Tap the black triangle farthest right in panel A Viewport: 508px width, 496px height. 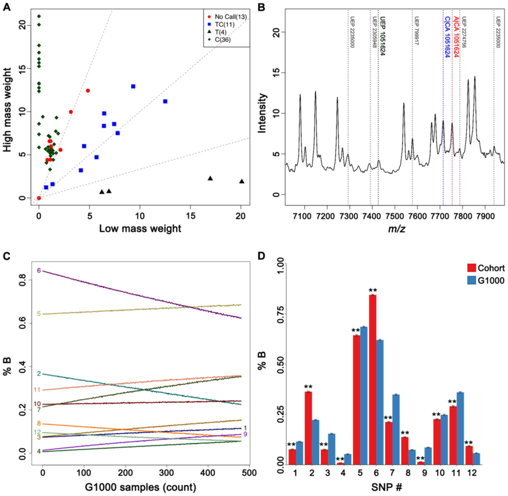tap(242, 181)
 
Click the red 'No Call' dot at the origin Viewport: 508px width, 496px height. tap(39, 198)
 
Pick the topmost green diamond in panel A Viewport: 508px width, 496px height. tap(39, 16)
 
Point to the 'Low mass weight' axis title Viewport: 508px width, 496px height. tap(140, 229)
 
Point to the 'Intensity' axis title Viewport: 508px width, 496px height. tap(262, 113)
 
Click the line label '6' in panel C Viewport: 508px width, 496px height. tap(39, 270)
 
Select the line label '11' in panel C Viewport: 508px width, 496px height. tap(37, 390)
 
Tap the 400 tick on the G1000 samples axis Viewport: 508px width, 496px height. tap(208, 472)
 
